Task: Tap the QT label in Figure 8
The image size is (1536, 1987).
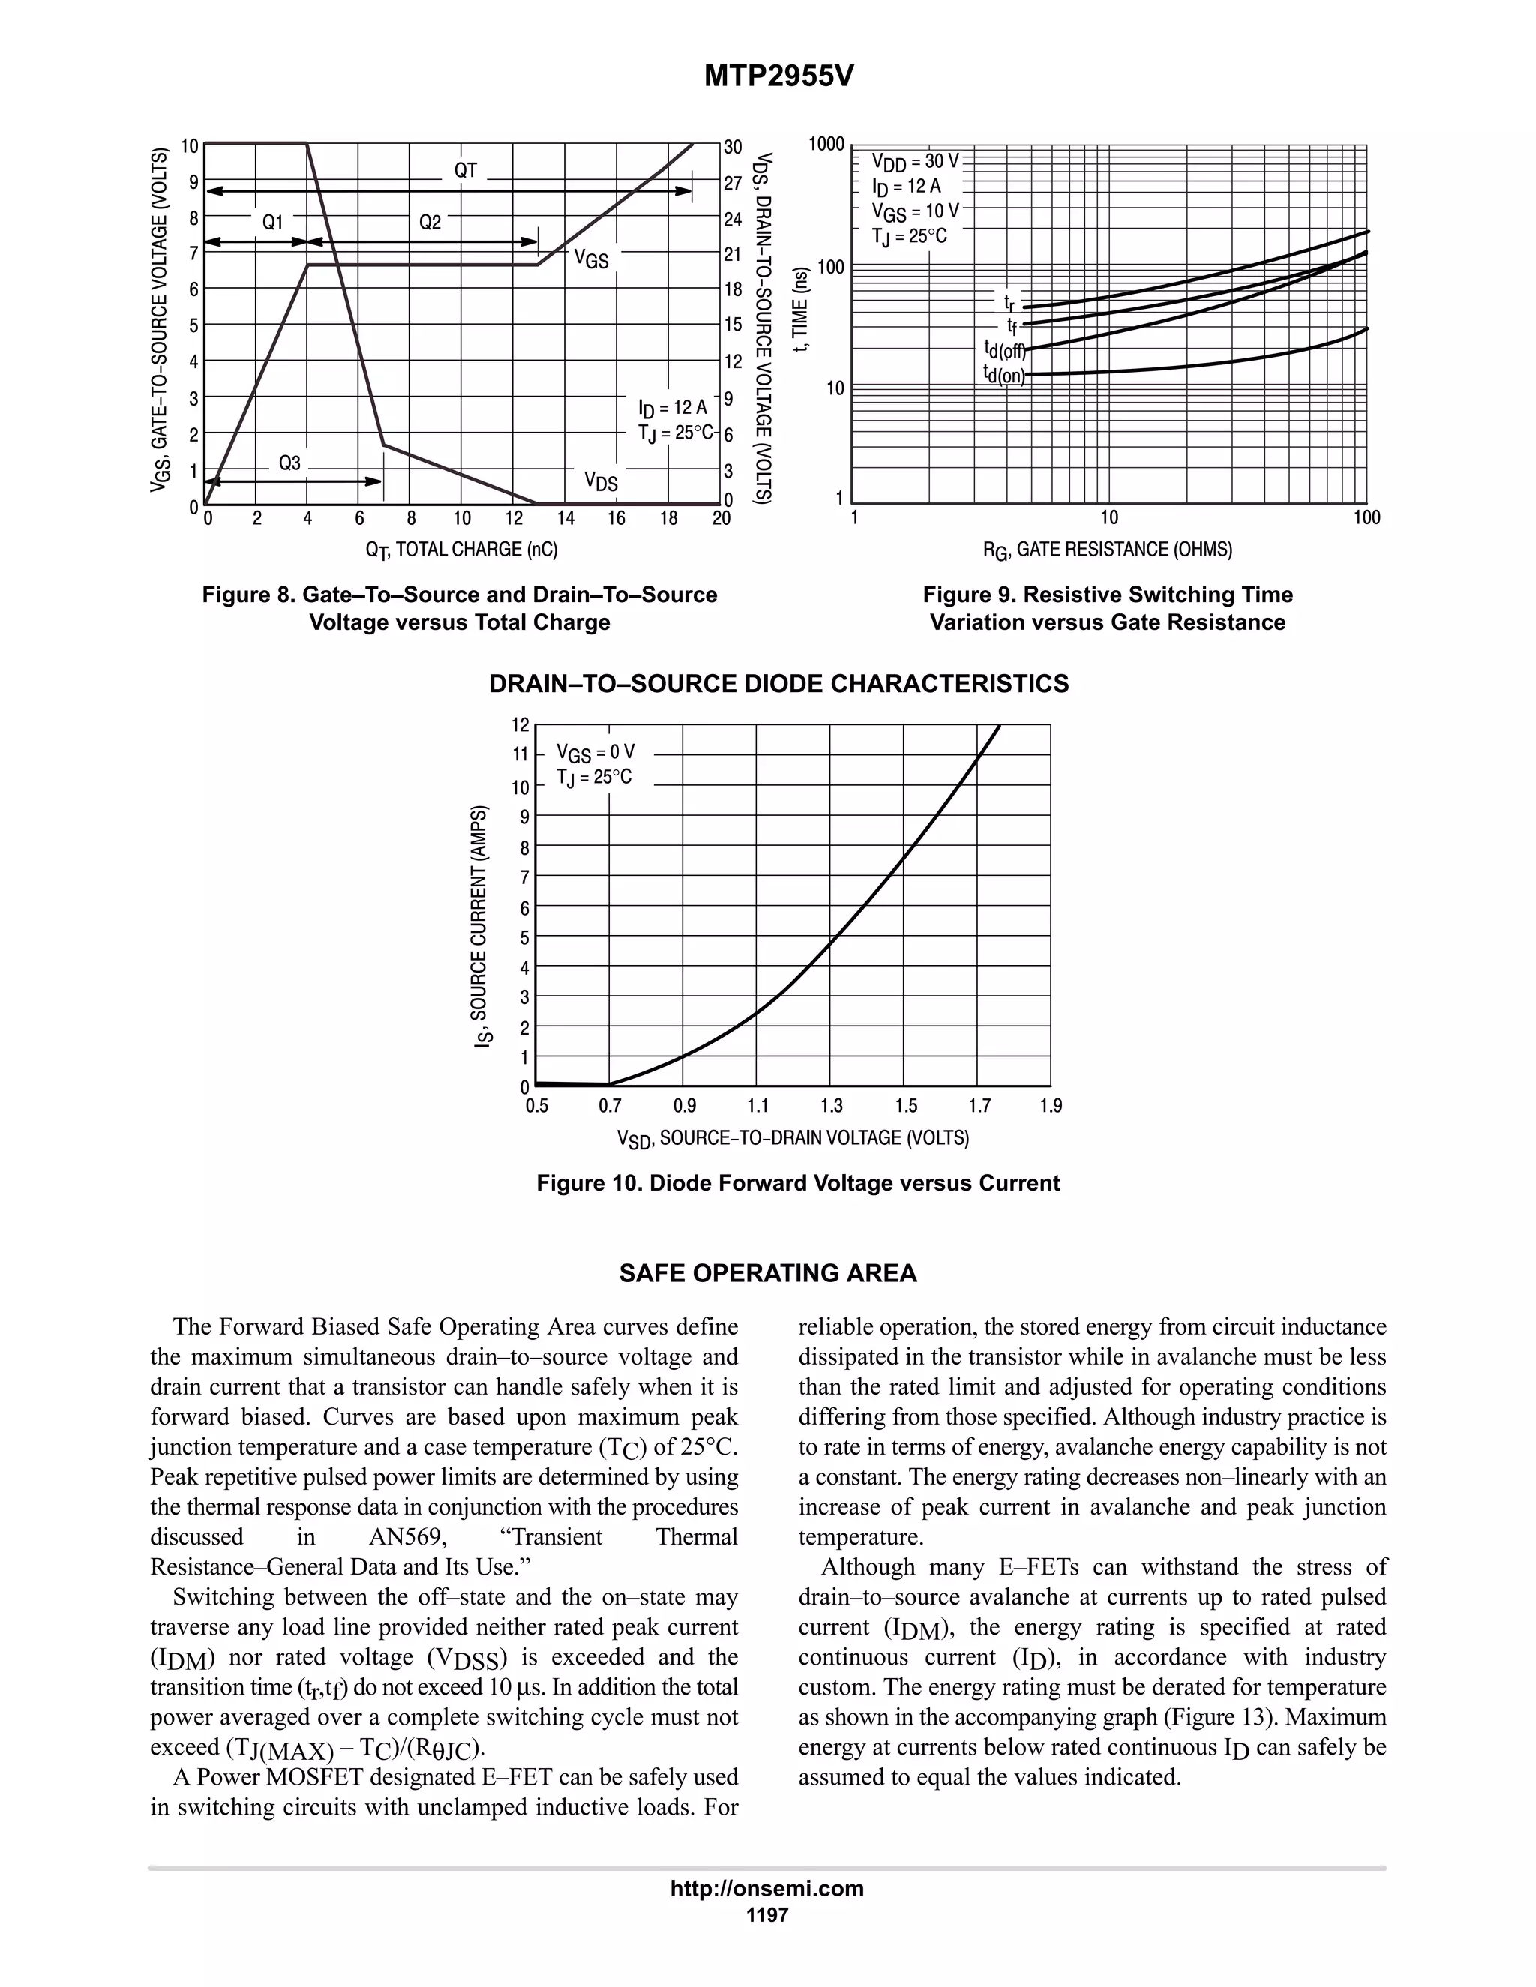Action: pos(465,170)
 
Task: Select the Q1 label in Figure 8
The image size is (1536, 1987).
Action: pos(273,222)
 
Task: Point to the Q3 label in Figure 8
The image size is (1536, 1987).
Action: pos(289,463)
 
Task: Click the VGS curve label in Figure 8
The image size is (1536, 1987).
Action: pos(590,259)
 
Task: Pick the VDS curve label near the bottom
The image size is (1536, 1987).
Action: pos(601,481)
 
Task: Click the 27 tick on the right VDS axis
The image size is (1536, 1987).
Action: pos(733,183)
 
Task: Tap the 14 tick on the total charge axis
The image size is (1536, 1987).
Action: pos(565,519)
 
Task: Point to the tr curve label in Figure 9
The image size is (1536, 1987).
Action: pos(1009,301)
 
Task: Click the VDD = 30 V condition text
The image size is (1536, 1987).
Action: pos(916,162)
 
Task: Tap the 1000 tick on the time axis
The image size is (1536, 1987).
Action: pos(827,144)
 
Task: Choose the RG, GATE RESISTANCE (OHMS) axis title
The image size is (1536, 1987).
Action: pos(1108,550)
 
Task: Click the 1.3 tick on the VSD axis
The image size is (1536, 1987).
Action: pos(832,1106)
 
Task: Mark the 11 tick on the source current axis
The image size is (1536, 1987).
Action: pos(520,754)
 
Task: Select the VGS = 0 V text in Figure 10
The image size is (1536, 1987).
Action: pos(595,752)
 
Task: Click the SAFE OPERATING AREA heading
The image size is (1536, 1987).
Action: pos(768,1274)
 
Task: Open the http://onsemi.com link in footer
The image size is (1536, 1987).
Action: pos(767,1888)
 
